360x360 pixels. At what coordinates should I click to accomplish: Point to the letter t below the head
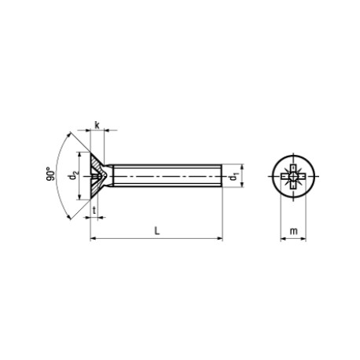click(x=94, y=211)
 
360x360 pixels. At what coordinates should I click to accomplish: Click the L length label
click(x=158, y=231)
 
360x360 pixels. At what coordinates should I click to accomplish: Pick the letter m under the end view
click(x=292, y=231)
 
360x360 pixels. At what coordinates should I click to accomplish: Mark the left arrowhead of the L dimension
click(x=94, y=237)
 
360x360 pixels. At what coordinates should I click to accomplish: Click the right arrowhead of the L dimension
click(x=221, y=237)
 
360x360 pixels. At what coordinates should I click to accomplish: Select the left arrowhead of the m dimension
click(x=281, y=237)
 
